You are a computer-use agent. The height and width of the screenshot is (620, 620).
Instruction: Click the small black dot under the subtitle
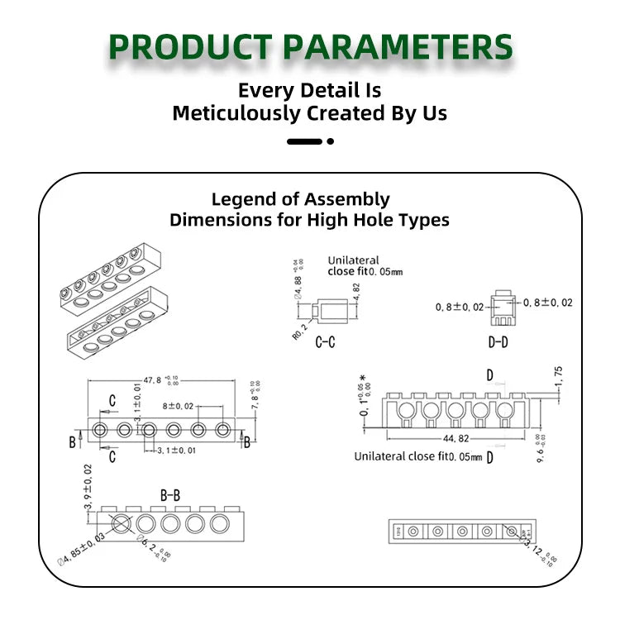pyautogui.click(x=331, y=141)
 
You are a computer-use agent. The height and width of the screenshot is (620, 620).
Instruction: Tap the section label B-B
pyautogui.click(x=169, y=495)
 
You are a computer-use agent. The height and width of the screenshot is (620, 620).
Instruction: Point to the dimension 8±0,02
pyautogui.click(x=178, y=406)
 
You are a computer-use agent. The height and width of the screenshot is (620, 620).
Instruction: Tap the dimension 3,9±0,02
pyautogui.click(x=88, y=487)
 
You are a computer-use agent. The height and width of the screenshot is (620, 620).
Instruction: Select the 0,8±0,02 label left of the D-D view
pyautogui.click(x=460, y=307)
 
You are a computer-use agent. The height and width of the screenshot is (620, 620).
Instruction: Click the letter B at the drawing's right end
pyautogui.click(x=246, y=442)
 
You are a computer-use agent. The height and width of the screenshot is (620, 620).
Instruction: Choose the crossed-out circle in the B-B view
pyautogui.click(x=121, y=523)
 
